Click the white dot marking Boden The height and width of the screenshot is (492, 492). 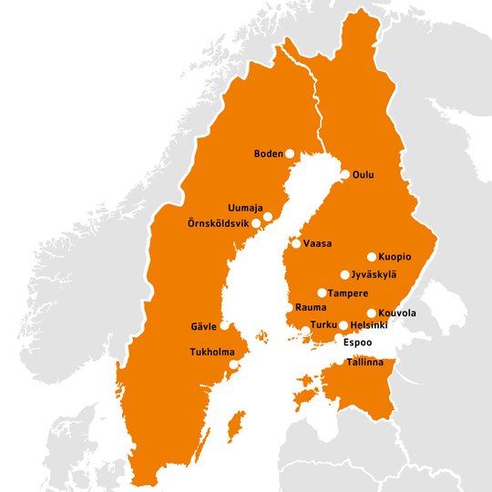[x=290, y=154]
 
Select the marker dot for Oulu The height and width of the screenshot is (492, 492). [x=345, y=174]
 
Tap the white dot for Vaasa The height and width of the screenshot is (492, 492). [x=296, y=243]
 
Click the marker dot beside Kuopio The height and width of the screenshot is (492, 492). [x=372, y=257]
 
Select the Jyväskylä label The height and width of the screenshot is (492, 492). [x=374, y=274]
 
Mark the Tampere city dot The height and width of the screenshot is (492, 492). [x=322, y=293]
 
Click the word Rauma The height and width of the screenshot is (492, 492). [x=311, y=308]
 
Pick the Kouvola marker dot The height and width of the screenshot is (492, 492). [x=370, y=313]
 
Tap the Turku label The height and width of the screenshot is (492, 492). [x=323, y=325]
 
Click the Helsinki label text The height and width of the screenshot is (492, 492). [x=369, y=325]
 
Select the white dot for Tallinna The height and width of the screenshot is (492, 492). [x=342, y=363]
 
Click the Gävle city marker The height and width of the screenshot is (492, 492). [x=224, y=326]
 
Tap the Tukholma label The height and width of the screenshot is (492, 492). [x=211, y=353]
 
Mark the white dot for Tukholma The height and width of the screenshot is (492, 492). [x=234, y=364]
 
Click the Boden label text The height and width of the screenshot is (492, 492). [x=268, y=154]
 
